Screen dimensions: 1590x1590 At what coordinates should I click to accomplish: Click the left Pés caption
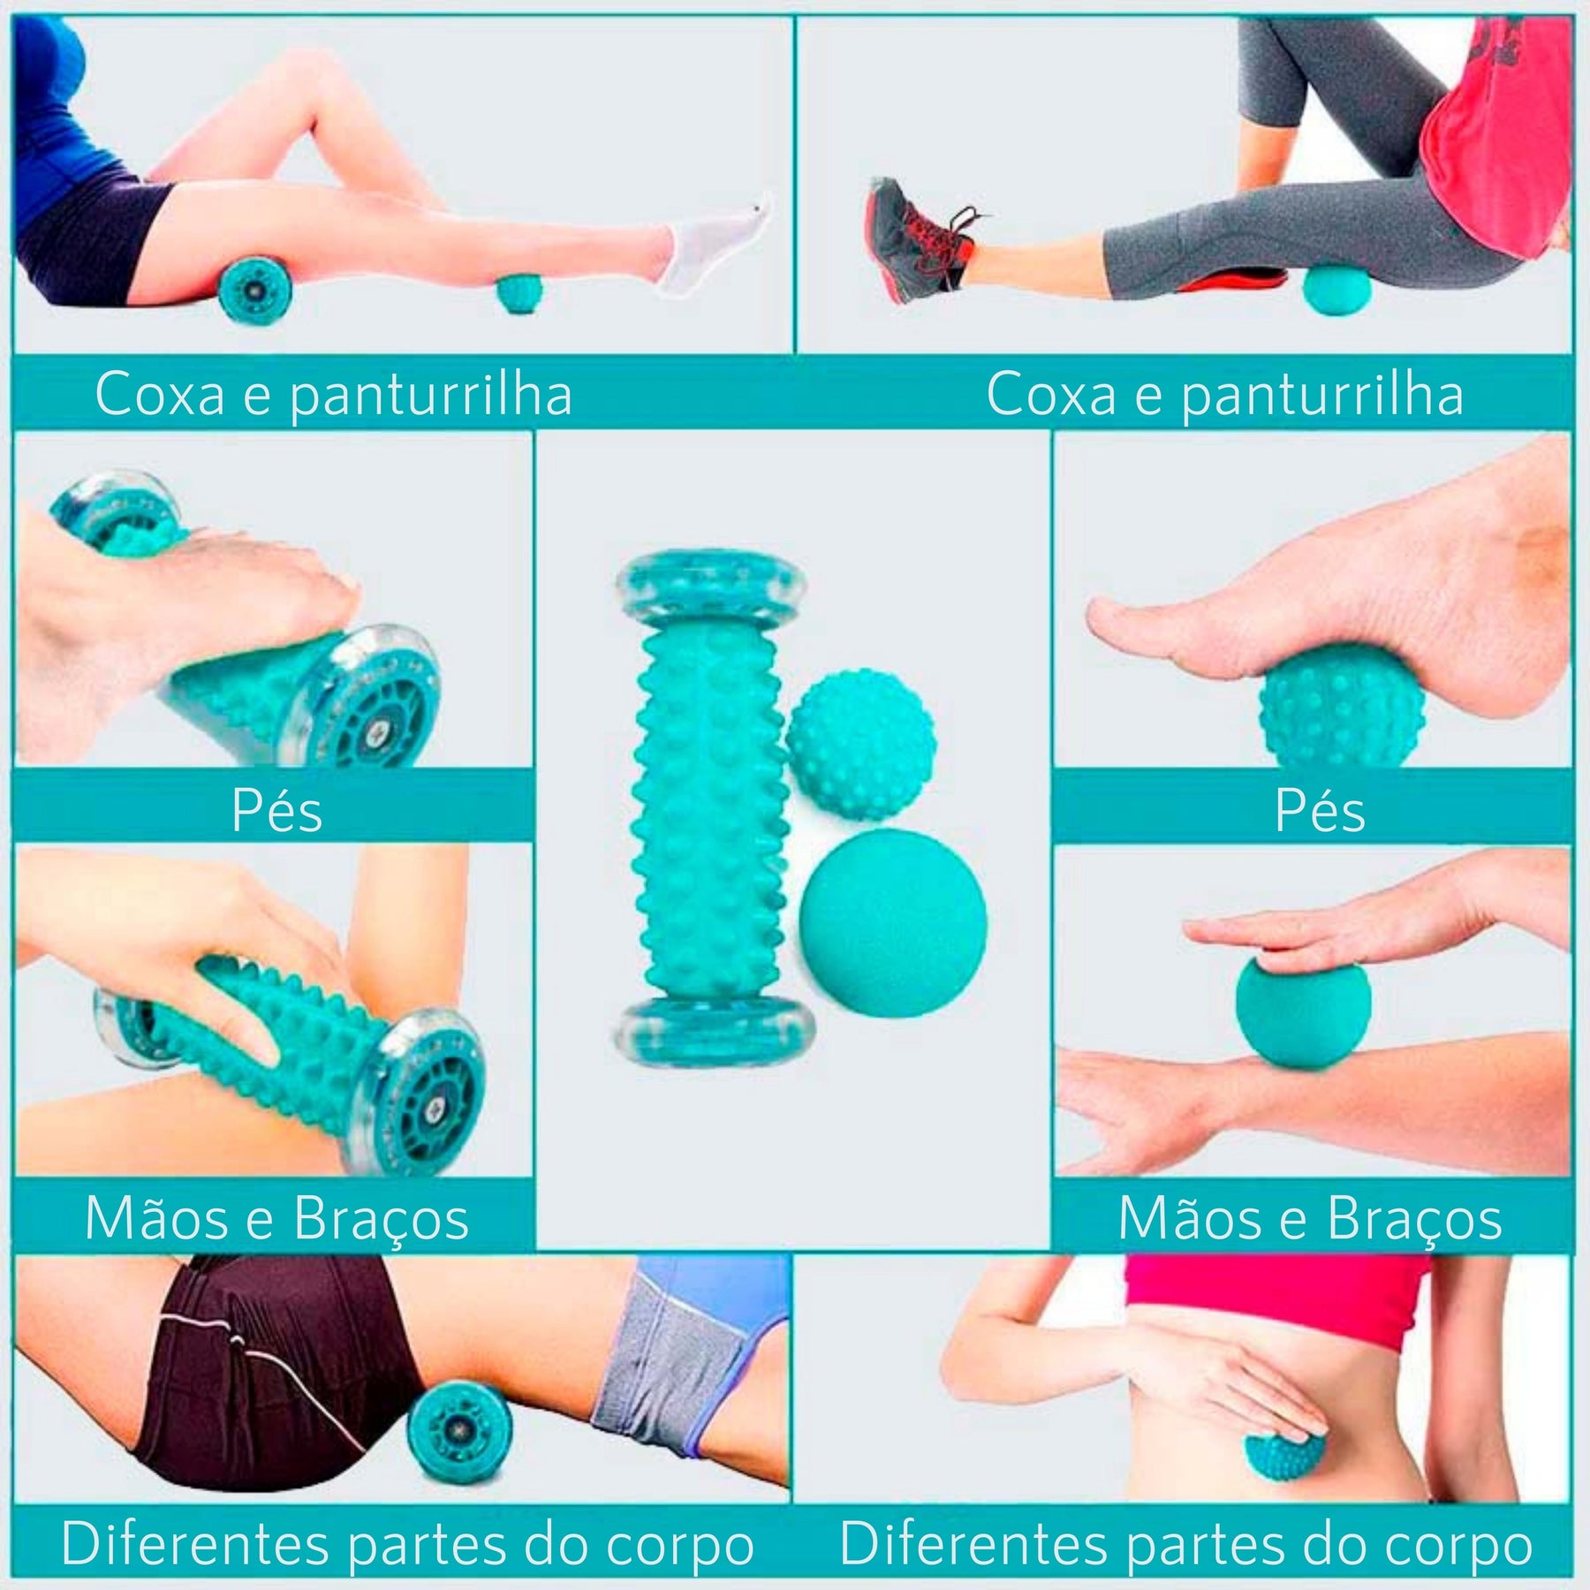pyautogui.click(x=276, y=810)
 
